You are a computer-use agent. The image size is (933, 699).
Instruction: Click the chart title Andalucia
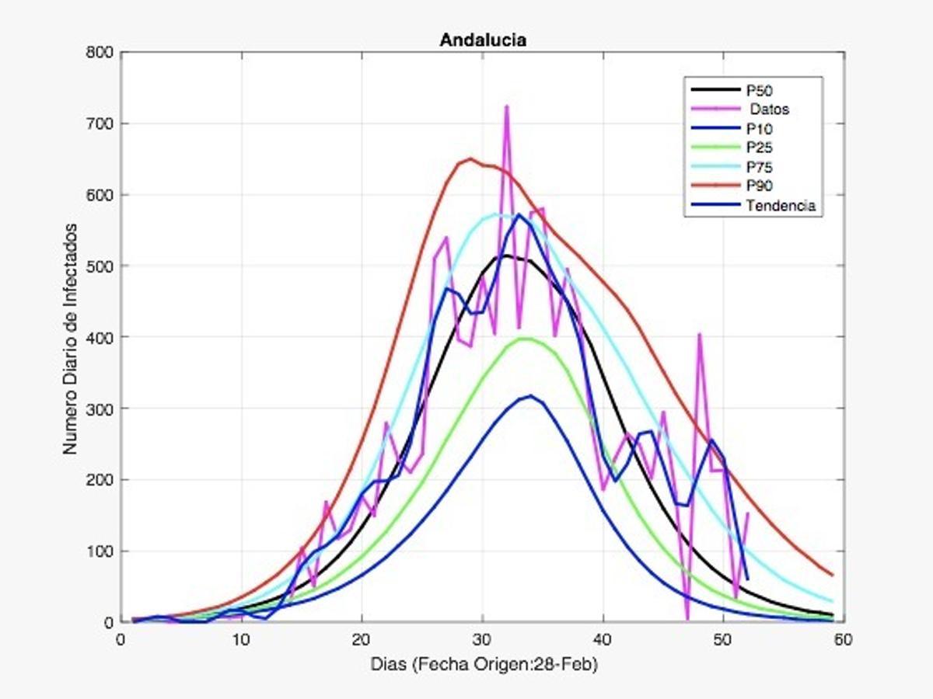pos(483,40)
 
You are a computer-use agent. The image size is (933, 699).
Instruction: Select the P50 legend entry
pos(758,91)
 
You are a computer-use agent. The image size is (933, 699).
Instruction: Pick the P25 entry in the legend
pos(758,148)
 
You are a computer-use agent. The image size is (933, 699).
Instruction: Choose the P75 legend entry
pos(758,167)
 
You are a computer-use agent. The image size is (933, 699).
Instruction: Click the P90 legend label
pos(758,186)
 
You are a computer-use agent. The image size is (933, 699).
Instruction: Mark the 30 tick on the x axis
pos(483,639)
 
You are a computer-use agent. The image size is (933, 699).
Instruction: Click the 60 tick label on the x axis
pos(844,639)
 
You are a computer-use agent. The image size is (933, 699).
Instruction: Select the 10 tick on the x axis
pos(241,639)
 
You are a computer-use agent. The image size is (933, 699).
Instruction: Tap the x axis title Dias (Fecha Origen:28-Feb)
pos(483,666)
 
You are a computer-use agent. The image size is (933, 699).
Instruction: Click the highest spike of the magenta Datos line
pos(507,106)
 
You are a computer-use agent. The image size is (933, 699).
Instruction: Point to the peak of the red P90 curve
pos(470,159)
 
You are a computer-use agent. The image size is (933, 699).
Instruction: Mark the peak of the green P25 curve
pos(524,339)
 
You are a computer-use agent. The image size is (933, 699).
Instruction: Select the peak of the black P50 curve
pos(505,256)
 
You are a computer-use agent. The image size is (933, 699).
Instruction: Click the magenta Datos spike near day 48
pos(699,335)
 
